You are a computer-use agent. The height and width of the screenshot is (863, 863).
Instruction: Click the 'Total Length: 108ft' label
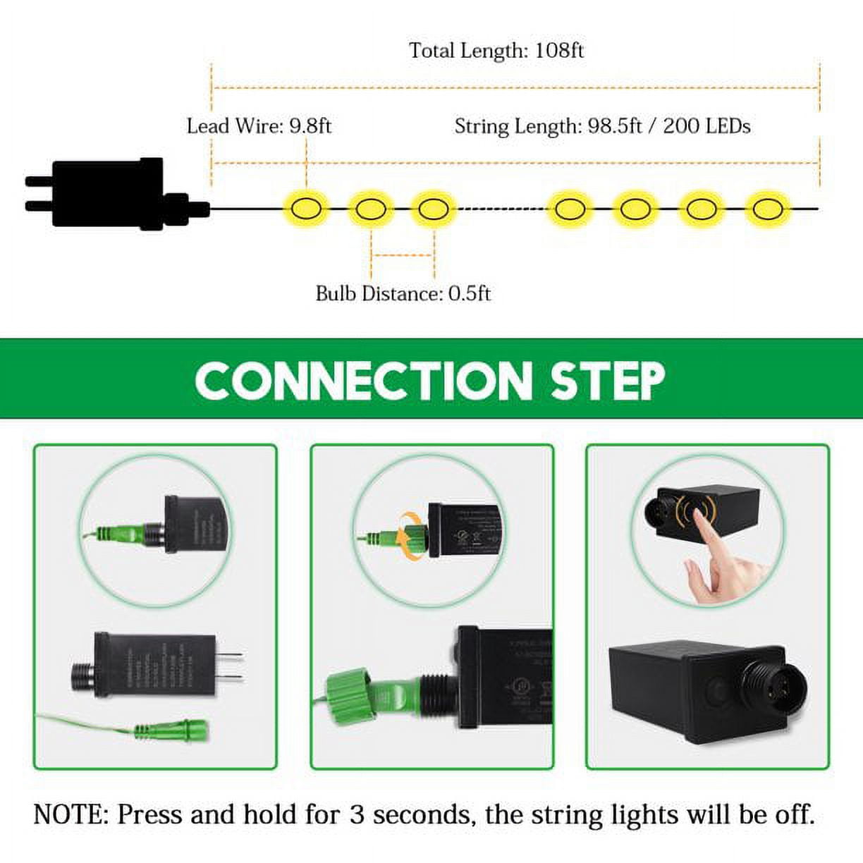[496, 51]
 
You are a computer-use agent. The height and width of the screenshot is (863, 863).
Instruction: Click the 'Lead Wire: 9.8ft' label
[259, 126]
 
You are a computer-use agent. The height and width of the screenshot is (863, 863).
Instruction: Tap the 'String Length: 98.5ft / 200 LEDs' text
[602, 126]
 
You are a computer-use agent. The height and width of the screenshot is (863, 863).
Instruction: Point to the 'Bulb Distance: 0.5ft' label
[403, 293]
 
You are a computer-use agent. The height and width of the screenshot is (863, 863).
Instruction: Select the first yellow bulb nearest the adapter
[306, 209]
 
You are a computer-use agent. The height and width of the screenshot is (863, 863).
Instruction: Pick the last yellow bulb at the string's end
[764, 209]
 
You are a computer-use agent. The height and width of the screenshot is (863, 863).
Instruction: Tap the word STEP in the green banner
[608, 381]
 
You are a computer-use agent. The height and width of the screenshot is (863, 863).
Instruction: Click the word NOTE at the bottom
[68, 815]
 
